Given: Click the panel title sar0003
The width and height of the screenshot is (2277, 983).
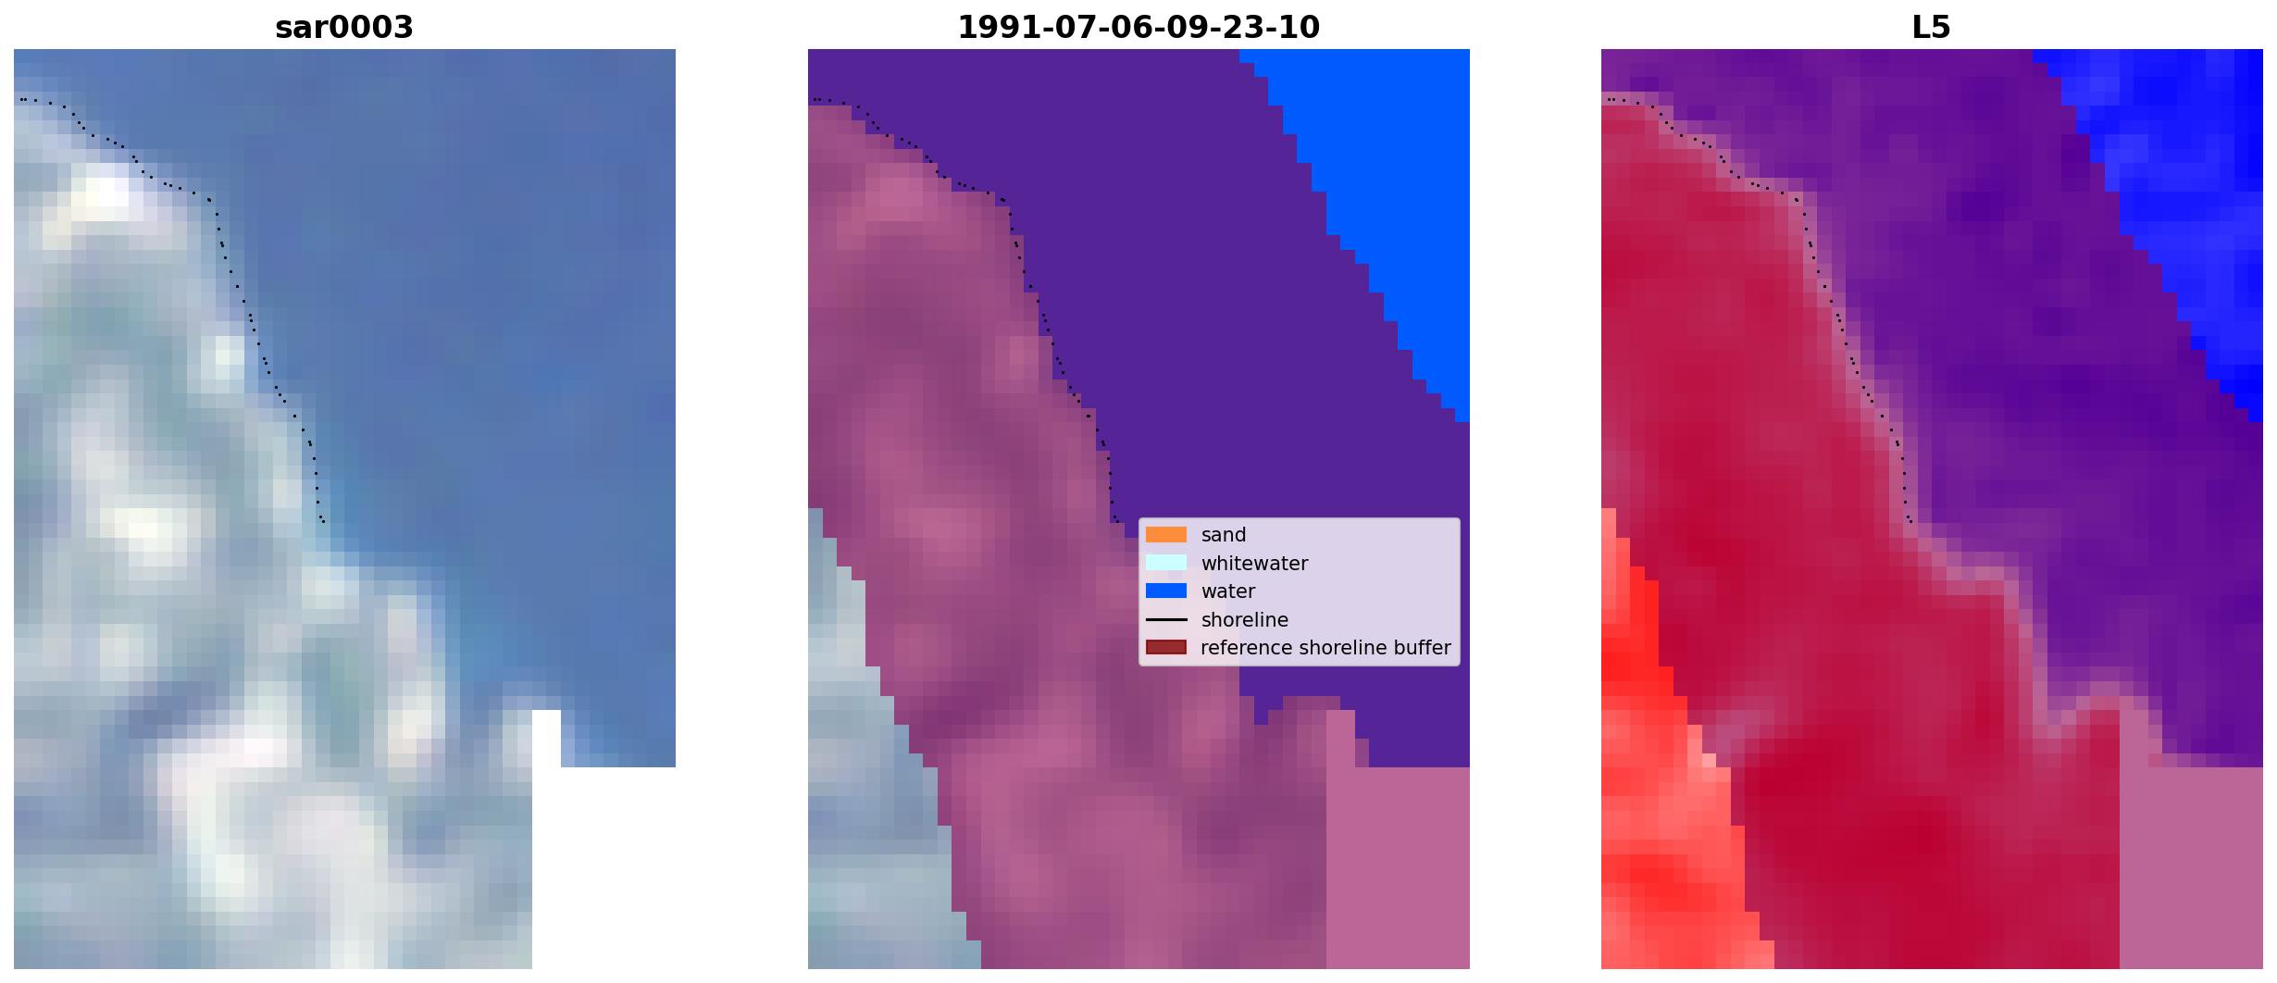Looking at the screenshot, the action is coord(344,27).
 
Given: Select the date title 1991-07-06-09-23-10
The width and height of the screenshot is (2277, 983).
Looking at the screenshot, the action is coord(1138,27).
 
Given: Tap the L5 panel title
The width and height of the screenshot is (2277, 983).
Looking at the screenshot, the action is coord(1932,27).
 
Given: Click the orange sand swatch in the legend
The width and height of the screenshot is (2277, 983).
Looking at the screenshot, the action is coord(1166,534).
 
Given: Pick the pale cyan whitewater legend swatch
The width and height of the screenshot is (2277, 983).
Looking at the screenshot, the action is coord(1166,563).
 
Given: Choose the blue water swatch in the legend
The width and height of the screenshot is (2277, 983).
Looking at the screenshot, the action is coord(1166,591).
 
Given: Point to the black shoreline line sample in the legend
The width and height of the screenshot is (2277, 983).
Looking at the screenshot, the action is coord(1166,619).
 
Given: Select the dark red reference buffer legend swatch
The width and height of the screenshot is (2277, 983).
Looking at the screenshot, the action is coord(1166,647).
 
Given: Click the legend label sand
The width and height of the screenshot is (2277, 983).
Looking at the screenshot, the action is coord(1224,535).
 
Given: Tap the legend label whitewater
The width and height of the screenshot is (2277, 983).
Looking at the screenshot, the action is coord(1254,564).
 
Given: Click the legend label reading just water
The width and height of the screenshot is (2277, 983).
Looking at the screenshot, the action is coord(1228,591).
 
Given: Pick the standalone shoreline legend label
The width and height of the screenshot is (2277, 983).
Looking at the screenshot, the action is coord(1245,620).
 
